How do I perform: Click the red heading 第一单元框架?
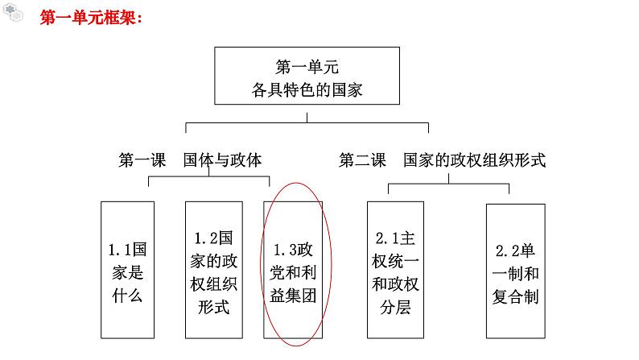pyautogui.click(x=91, y=19)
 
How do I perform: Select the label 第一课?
pyautogui.click(x=142, y=159)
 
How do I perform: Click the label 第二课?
pyautogui.click(x=363, y=159)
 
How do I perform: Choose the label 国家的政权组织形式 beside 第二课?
pyautogui.click(x=475, y=159)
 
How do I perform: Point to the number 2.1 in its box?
pyautogui.click(x=386, y=238)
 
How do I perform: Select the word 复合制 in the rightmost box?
pyautogui.click(x=516, y=296)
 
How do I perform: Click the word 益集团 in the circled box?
pyautogui.click(x=294, y=296)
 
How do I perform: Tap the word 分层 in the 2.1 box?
pyautogui.click(x=394, y=307)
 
